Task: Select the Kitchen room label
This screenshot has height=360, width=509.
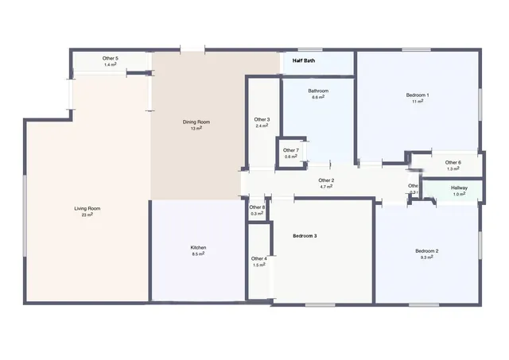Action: pyautogui.click(x=198, y=248)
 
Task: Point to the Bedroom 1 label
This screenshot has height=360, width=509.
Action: pyautogui.click(x=418, y=95)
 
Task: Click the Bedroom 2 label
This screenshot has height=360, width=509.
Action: pyautogui.click(x=427, y=251)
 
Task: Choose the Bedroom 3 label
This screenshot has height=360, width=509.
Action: pyautogui.click(x=305, y=236)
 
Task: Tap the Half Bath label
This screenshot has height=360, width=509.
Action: pyautogui.click(x=304, y=60)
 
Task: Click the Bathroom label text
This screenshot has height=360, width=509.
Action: pyautogui.click(x=318, y=91)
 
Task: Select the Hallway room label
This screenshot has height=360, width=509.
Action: pyautogui.click(x=460, y=188)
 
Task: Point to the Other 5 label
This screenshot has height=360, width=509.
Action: pyautogui.click(x=111, y=59)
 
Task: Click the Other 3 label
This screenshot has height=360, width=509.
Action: pyautogui.click(x=262, y=120)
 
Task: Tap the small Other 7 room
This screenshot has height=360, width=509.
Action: pyautogui.click(x=291, y=150)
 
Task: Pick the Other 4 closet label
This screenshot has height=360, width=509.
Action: pyautogui.click(x=259, y=258)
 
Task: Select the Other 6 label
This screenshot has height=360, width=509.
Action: pyautogui.click(x=453, y=163)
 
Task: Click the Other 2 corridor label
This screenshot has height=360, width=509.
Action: pyautogui.click(x=326, y=180)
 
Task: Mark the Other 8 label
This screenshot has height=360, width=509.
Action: pyautogui.click(x=257, y=207)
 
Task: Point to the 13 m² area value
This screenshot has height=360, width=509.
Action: pyautogui.click(x=196, y=128)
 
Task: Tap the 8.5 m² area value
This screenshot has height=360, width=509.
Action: pyautogui.click(x=198, y=254)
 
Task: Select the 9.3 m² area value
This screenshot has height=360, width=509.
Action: pyautogui.click(x=427, y=257)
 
